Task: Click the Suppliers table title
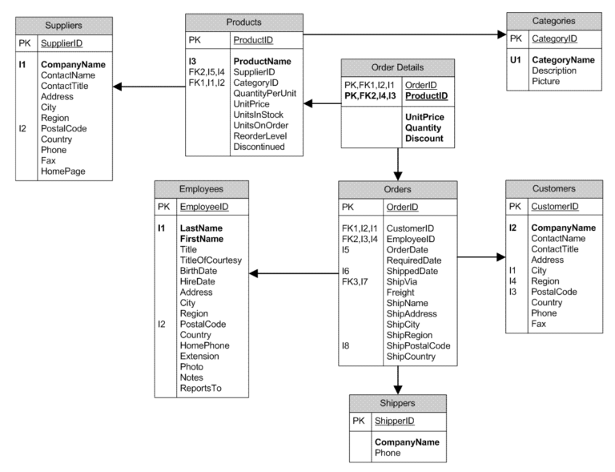[x=64, y=26]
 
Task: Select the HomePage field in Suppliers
[x=62, y=171]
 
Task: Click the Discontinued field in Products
[x=259, y=147]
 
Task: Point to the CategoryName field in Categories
[x=563, y=59]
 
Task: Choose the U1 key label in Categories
[x=516, y=59]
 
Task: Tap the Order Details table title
[x=398, y=67]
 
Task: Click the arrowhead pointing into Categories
[x=500, y=34]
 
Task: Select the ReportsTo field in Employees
[x=201, y=389]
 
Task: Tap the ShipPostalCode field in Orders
[x=419, y=346]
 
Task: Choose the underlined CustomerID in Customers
[x=555, y=207]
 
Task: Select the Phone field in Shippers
[x=387, y=453]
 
